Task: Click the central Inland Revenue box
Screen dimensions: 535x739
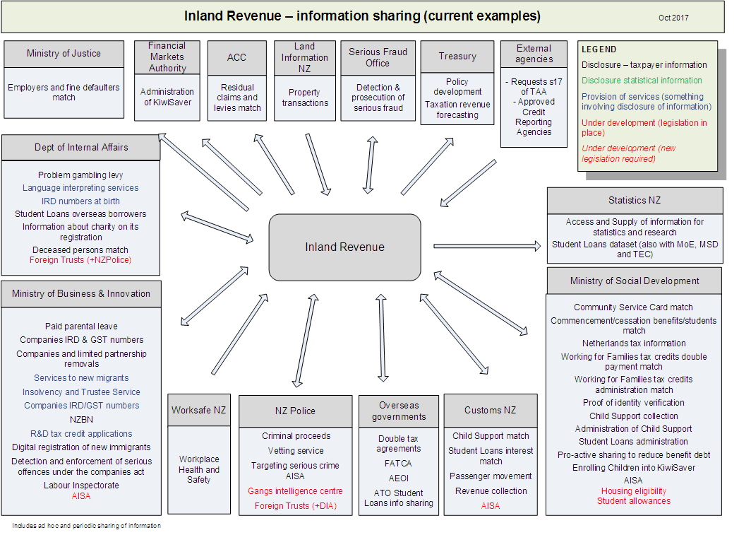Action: click(x=344, y=247)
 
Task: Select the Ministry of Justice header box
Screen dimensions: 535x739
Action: click(x=64, y=53)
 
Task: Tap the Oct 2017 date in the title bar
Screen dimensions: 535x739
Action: click(x=673, y=18)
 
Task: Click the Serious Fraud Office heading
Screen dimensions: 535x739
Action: click(x=378, y=57)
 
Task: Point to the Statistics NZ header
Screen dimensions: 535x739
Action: click(x=635, y=201)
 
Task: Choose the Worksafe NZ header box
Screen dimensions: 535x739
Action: click(x=199, y=410)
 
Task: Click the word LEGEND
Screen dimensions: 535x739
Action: click(x=599, y=49)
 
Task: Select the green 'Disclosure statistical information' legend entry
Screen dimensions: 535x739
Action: click(x=642, y=81)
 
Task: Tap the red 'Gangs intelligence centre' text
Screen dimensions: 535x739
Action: click(x=295, y=491)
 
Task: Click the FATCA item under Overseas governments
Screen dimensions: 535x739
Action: click(x=399, y=464)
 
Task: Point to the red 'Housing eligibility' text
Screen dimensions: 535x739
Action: click(x=634, y=491)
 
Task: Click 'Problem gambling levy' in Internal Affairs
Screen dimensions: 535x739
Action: click(x=80, y=175)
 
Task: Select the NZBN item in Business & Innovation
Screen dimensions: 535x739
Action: click(x=80, y=419)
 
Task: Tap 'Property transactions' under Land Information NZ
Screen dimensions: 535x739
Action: click(x=304, y=98)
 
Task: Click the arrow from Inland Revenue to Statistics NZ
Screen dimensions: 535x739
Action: click(x=487, y=246)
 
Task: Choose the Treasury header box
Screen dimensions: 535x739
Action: click(x=457, y=57)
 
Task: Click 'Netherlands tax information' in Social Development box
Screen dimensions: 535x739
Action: click(x=634, y=343)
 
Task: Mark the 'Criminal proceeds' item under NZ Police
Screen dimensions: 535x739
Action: click(x=296, y=436)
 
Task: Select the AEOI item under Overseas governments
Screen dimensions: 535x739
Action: click(x=399, y=478)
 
